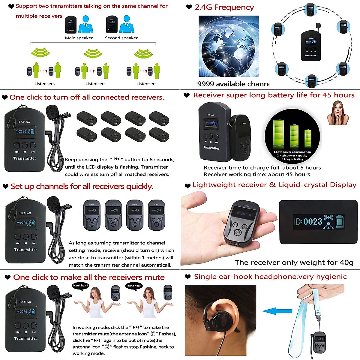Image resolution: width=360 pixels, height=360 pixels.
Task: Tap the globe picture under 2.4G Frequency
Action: pos(229,46)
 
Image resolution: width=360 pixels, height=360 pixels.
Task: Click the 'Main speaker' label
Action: pos(79,38)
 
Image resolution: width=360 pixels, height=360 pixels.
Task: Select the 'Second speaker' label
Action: pos(121,38)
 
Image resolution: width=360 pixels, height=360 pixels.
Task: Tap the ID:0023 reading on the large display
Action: pos(308,222)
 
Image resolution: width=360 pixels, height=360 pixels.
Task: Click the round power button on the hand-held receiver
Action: pos(237,232)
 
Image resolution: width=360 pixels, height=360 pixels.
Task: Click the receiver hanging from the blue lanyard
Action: pos(319,342)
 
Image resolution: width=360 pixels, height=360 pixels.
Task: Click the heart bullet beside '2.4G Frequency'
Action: pos(189,7)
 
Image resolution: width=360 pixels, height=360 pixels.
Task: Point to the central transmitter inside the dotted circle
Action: pos(311,45)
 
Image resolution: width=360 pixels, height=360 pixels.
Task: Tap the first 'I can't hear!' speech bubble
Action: pos(80,286)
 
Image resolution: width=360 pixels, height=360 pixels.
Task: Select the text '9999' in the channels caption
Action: pos(205,84)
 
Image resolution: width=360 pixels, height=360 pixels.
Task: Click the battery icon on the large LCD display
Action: pos(340,221)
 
